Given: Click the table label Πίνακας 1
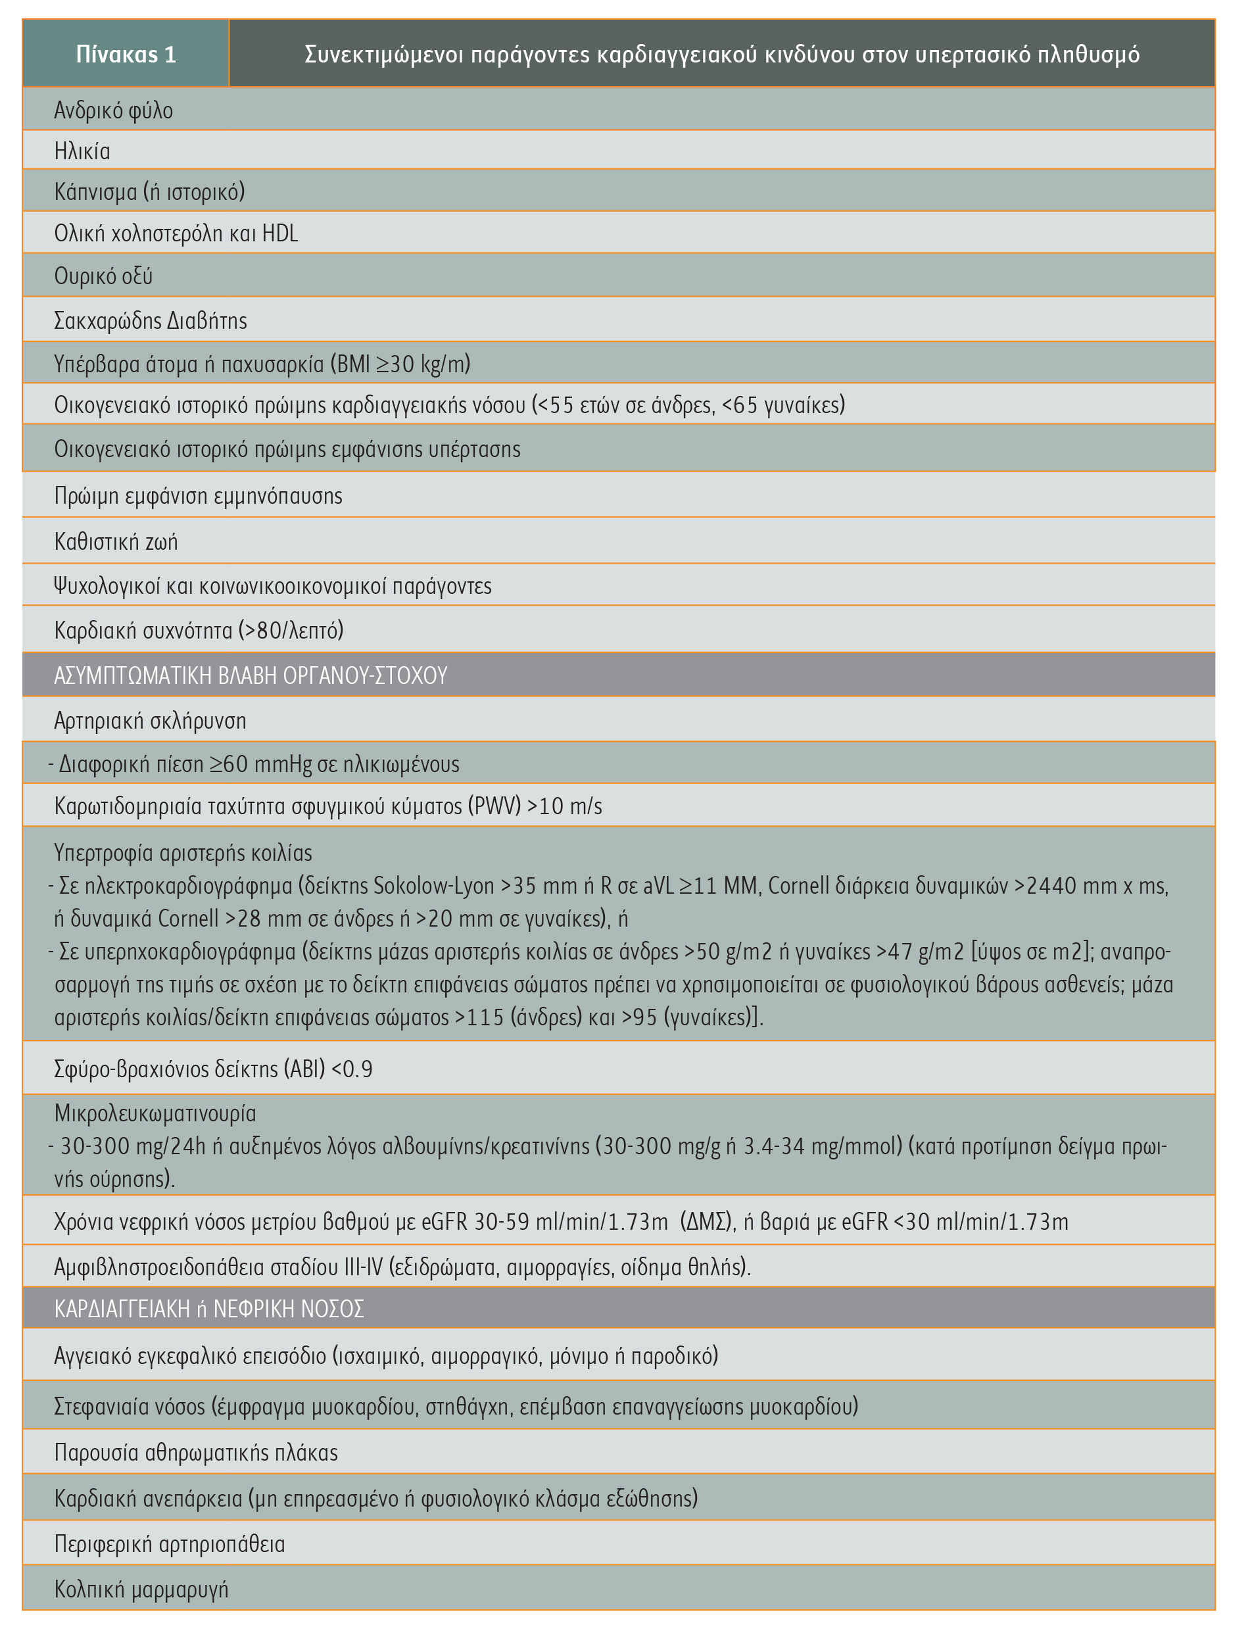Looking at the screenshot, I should tap(126, 55).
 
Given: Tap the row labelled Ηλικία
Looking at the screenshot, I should tap(83, 152).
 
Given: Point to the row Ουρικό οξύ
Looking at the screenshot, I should tap(103, 276).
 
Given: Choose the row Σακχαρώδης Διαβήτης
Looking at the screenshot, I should tap(151, 321).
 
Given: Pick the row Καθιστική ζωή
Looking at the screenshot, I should tap(116, 542).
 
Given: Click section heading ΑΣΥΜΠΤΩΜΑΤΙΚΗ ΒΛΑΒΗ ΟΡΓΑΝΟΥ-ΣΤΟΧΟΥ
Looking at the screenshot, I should tap(251, 675).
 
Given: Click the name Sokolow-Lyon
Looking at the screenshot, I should tap(434, 886).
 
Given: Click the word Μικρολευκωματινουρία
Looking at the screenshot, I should tap(155, 1113).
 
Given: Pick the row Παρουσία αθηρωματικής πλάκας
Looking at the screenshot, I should tap(197, 1452).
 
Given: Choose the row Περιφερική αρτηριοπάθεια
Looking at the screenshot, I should tap(170, 1543).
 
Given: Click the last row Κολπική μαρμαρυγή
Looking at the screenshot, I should tap(141, 1589).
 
